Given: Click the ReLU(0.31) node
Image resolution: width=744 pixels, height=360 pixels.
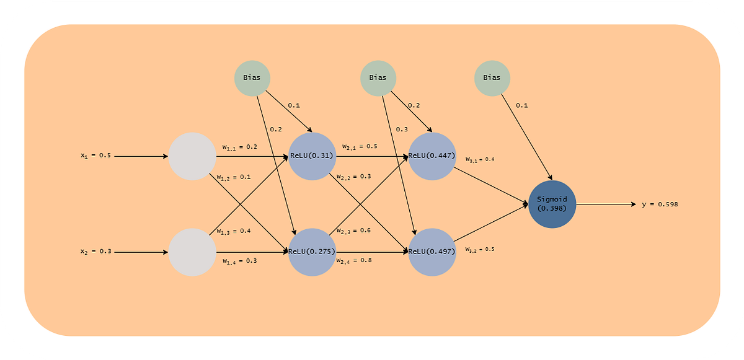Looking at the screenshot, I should tap(312, 156).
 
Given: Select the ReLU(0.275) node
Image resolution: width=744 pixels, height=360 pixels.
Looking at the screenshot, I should tap(312, 252).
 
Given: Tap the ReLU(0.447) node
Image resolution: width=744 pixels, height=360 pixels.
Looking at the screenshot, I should tap(432, 156).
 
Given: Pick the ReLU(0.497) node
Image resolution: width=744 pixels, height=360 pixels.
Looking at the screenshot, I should tap(432, 252).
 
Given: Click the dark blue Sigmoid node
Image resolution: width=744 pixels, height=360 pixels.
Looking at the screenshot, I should tap(552, 204).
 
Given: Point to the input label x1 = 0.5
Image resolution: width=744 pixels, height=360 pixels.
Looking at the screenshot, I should tap(95, 156).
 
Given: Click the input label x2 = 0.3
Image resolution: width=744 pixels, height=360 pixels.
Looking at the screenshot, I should tap(95, 252).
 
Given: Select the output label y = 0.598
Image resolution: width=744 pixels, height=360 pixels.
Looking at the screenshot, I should tap(660, 204).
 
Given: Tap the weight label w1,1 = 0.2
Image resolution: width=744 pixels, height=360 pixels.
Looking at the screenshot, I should tap(239, 147).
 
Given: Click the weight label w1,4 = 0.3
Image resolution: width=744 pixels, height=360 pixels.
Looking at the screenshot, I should tap(239, 261).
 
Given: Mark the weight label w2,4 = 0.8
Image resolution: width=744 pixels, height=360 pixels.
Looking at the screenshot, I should tap(353, 261).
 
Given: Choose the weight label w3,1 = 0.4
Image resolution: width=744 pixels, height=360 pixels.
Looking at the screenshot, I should tap(480, 159).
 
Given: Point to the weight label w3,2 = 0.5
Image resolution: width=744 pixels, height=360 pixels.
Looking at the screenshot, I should tap(480, 249).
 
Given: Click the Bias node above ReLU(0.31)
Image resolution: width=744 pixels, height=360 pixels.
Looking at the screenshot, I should tap(252, 78).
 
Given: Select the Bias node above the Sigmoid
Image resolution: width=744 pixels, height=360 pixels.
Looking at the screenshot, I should tap(492, 78).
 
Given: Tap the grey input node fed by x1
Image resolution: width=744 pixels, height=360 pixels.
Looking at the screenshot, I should tap(192, 156).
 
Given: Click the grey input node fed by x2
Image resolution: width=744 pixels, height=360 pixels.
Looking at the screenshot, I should tap(192, 252).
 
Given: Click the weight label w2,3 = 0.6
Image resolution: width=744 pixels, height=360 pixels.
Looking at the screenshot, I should tap(353, 230).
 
